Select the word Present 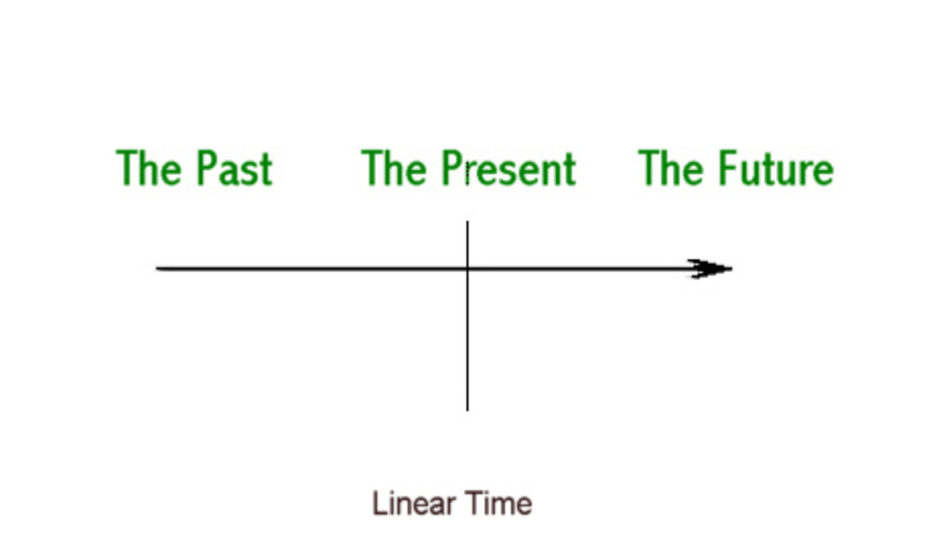click(509, 169)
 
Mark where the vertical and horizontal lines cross click(467, 269)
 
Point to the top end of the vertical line click(467, 222)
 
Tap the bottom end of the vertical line click(467, 409)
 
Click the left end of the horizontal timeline click(158, 269)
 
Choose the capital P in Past click(205, 168)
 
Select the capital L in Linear click(378, 503)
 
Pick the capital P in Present click(453, 168)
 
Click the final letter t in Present click(569, 169)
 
